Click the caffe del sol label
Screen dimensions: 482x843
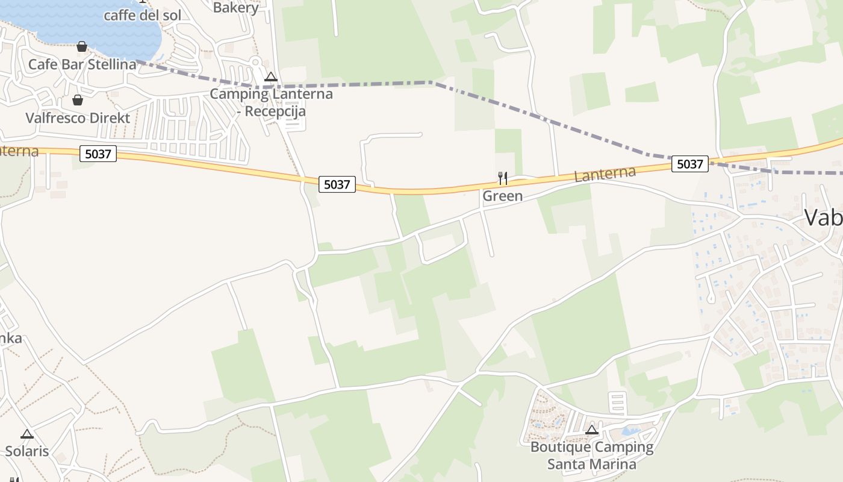click(x=142, y=15)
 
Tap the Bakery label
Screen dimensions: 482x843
click(x=235, y=7)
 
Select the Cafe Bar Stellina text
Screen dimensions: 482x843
click(x=82, y=64)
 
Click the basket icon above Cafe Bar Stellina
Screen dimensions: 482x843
click(x=82, y=46)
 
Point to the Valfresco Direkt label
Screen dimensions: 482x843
click(x=78, y=117)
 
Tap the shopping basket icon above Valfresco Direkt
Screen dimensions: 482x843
click(x=78, y=99)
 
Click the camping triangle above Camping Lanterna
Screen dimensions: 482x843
click(x=271, y=77)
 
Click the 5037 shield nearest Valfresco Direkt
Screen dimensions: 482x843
click(x=98, y=154)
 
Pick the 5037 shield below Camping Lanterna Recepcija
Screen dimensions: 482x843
click(x=337, y=184)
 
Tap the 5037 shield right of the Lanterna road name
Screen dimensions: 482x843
click(x=690, y=163)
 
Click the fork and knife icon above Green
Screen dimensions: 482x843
click(x=503, y=178)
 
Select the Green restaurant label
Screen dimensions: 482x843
click(x=503, y=196)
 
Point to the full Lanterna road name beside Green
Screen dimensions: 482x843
click(x=605, y=174)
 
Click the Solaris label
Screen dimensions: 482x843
click(x=27, y=451)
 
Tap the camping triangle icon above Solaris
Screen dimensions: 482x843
click(x=27, y=434)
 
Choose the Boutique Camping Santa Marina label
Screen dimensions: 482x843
click(x=592, y=455)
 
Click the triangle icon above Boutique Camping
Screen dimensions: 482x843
click(x=592, y=430)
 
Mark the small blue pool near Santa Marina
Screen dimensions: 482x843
click(x=630, y=431)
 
